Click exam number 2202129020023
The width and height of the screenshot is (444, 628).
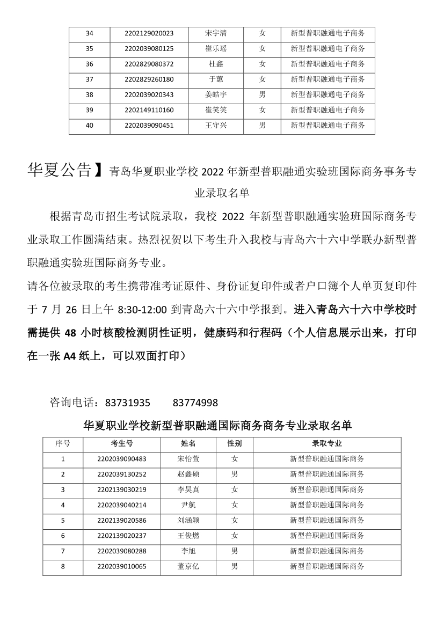pos(149,33)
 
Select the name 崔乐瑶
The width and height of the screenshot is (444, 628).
pos(216,49)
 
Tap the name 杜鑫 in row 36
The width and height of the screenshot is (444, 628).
pos(216,64)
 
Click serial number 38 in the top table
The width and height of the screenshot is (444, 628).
pos(89,95)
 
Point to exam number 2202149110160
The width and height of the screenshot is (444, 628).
pos(149,111)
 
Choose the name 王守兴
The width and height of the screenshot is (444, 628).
pos(216,126)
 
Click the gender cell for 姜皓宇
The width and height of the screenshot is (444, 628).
pos(262,95)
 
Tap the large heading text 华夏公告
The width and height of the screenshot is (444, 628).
pos(59,170)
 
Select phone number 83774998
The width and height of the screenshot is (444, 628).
pos(195,403)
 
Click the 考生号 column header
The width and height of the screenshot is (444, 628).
pos(122,444)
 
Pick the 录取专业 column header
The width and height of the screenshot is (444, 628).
pos(327,444)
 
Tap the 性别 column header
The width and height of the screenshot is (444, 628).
pos(235,444)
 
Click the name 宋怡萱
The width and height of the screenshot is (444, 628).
pos(188,459)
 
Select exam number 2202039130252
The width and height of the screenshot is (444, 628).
pos(122,474)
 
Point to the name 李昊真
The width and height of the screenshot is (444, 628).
pos(188,490)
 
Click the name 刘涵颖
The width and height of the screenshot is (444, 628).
pos(188,521)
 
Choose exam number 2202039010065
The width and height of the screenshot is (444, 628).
pos(122,567)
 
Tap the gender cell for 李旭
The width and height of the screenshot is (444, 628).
pos(235,551)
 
